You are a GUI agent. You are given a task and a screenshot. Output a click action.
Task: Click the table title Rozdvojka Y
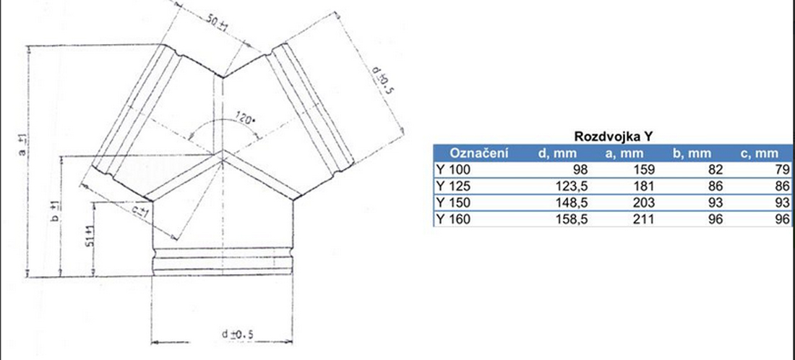[613, 137]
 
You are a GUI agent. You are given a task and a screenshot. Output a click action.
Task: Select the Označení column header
[478, 153]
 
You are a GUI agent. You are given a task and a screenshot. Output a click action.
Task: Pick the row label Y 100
[452, 169]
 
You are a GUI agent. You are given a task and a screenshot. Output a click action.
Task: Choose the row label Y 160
[452, 219]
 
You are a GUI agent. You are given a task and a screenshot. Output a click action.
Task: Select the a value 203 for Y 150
[644, 203]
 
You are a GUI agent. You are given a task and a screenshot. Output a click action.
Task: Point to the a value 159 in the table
[644, 169]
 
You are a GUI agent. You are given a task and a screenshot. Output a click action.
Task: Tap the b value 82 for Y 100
[715, 169]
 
